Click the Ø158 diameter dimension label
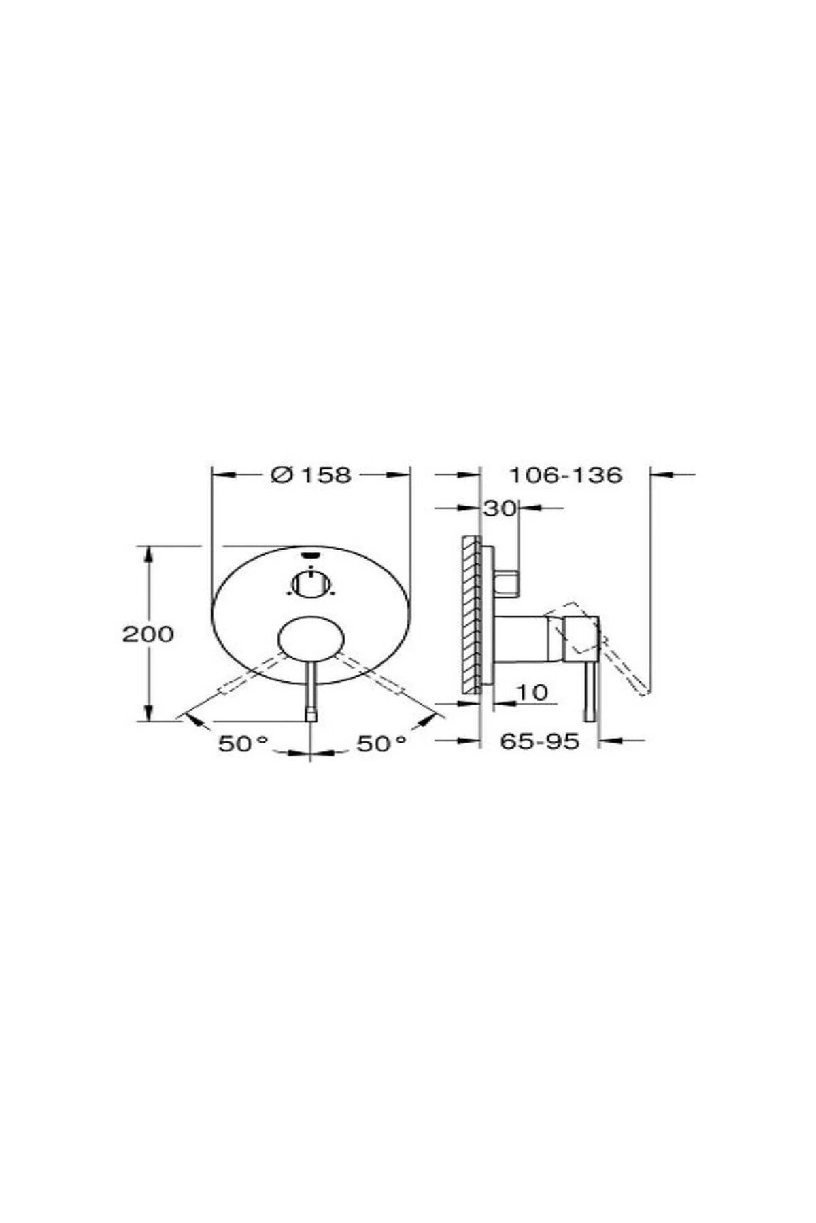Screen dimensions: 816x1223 pos(311,475)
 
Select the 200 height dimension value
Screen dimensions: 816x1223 pos(148,634)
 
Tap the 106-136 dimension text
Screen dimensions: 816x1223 pos(566,475)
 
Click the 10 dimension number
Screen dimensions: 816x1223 pos(532,692)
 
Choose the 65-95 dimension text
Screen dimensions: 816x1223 pos(540,741)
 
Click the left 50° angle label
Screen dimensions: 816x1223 pos(243,744)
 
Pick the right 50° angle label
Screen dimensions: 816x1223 pos(382,744)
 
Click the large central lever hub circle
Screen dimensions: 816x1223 pos(311,639)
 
